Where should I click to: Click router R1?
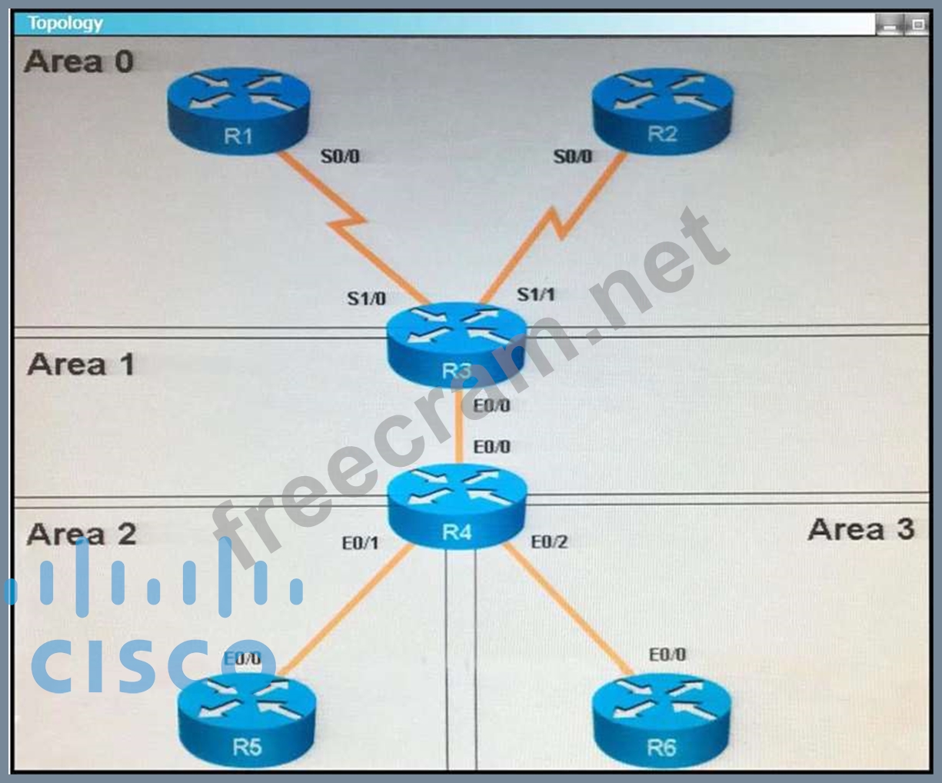point(238,112)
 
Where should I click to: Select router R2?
point(662,112)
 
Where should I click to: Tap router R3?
point(457,345)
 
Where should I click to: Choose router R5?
point(247,723)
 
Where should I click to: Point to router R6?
point(662,723)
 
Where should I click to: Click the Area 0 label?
point(79,61)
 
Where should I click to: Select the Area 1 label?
point(81,364)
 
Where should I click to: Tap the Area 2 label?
point(82,534)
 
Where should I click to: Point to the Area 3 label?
point(860,529)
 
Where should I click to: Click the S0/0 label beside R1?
point(340,157)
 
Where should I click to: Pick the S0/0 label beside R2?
point(573,157)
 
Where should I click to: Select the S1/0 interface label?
point(366,298)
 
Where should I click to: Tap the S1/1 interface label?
point(536,294)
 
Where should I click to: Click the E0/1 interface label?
point(360,543)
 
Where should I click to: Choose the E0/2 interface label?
point(549,541)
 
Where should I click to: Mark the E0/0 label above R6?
point(667,655)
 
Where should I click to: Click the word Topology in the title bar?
point(65,23)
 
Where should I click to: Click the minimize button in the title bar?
point(890,25)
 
